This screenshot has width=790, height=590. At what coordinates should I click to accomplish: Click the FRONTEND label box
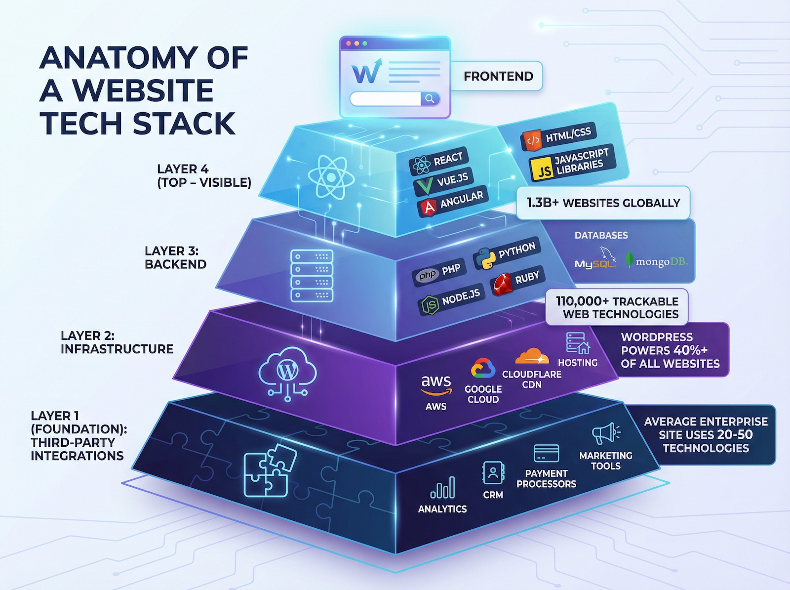(498, 76)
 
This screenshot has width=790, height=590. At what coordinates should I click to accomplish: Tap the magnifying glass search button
(430, 99)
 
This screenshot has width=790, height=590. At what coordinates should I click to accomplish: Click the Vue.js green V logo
(424, 186)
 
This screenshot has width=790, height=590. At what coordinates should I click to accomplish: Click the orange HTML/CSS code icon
(532, 141)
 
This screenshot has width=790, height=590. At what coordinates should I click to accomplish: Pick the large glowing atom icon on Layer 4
(330, 177)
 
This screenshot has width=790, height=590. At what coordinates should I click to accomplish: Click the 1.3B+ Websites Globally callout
(603, 203)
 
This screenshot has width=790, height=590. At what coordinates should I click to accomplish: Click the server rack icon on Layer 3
(312, 276)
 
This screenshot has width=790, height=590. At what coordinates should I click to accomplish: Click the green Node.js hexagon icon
(429, 305)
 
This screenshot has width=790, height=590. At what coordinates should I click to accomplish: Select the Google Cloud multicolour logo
(482, 369)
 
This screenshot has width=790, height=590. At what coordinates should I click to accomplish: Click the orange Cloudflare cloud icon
(532, 357)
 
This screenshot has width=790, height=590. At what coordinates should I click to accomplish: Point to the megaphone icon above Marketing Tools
(605, 434)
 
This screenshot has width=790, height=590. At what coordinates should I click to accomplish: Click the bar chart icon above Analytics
(443, 488)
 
